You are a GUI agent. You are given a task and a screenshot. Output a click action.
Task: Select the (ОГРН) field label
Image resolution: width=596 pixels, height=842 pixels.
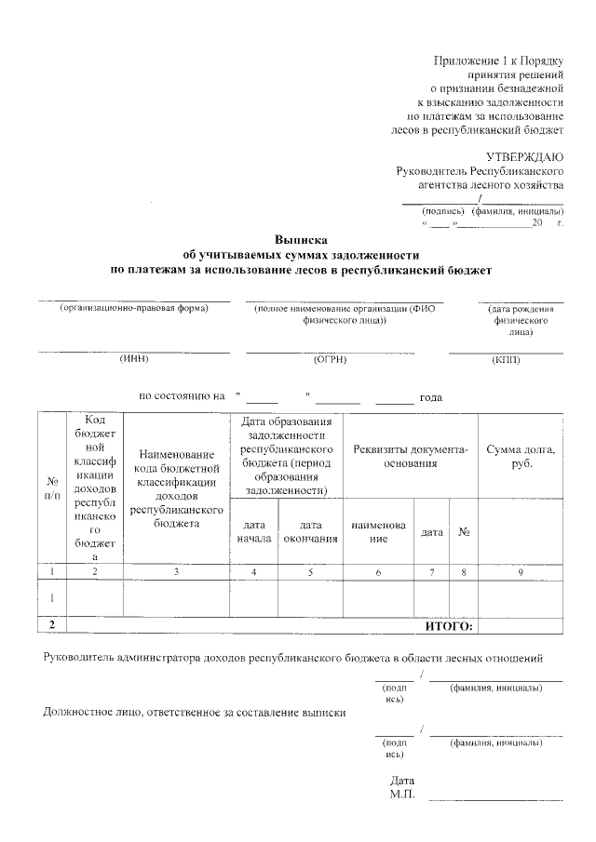[331, 359]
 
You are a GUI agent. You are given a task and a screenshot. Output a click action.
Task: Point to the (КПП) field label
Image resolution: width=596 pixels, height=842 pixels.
[506, 359]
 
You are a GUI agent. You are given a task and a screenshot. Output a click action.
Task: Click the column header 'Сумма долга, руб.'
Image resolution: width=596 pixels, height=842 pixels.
[521, 457]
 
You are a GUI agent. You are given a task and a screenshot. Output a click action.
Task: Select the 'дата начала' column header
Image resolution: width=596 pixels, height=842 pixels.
[253, 531]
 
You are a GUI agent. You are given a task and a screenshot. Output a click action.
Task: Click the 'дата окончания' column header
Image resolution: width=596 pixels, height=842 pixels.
[310, 531]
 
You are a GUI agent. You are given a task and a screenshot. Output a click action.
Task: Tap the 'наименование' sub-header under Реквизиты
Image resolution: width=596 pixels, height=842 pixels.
[378, 531]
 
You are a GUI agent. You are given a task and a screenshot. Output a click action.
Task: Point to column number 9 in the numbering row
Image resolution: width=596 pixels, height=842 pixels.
[521, 572]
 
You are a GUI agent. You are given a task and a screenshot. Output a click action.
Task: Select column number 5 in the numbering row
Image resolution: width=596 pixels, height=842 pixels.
[310, 572]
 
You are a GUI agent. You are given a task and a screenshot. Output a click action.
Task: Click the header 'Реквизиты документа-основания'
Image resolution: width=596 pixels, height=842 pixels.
[411, 457]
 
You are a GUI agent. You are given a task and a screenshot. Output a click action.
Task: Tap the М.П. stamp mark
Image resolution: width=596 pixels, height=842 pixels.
[403, 795]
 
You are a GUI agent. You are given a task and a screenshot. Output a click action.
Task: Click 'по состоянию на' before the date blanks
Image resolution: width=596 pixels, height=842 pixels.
[182, 396]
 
